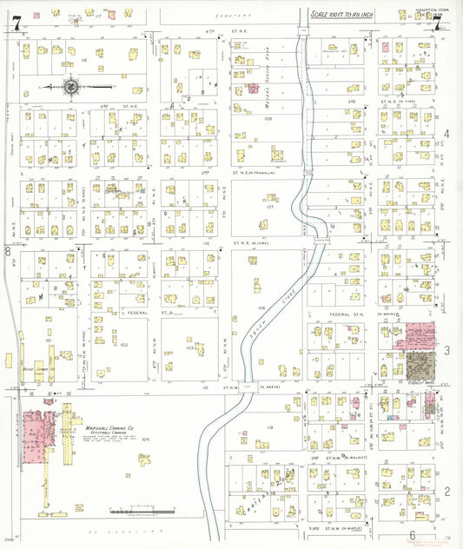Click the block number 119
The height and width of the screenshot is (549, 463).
click(269, 428)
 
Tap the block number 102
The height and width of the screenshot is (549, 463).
click(123, 345)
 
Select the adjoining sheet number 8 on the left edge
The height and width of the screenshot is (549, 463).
click(8, 251)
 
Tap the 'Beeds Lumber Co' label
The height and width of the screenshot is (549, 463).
click(38, 368)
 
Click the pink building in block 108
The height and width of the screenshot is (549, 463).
click(254, 88)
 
